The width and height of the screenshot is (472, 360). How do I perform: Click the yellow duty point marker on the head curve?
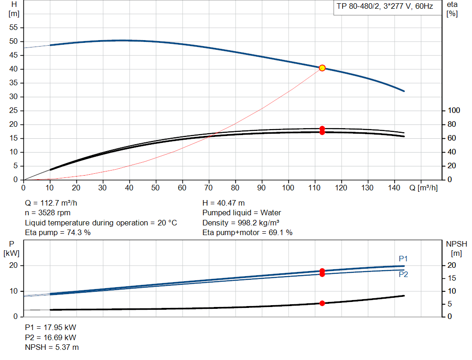coord(322,68)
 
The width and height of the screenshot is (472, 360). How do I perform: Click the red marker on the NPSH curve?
coord(322,303)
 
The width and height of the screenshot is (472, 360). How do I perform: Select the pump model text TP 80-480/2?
coord(358,6)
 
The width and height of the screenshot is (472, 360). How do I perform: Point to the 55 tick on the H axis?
coord(13,27)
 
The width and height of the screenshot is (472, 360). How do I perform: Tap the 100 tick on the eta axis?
coord(454,111)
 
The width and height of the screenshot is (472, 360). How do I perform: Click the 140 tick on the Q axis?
coord(394,188)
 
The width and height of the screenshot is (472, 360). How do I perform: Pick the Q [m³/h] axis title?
coord(423,188)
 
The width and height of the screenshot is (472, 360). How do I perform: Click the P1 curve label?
coord(403,259)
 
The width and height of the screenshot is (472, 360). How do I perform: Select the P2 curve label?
coord(403,274)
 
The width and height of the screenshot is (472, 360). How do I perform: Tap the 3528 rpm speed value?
coord(54,213)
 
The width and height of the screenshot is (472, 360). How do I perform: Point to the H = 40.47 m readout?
coord(224,203)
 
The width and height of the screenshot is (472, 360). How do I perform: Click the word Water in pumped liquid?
coord(271,213)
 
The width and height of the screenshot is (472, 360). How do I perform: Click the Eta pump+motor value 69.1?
coord(277,232)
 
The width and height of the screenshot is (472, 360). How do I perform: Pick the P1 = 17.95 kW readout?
coord(51,327)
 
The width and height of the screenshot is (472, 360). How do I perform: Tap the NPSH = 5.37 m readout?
coord(52,348)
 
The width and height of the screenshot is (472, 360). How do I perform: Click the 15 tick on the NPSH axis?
coord(452,278)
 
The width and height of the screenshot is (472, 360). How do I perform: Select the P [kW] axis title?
coord(12,248)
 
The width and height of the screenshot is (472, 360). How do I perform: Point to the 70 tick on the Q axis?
coord(208,188)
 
